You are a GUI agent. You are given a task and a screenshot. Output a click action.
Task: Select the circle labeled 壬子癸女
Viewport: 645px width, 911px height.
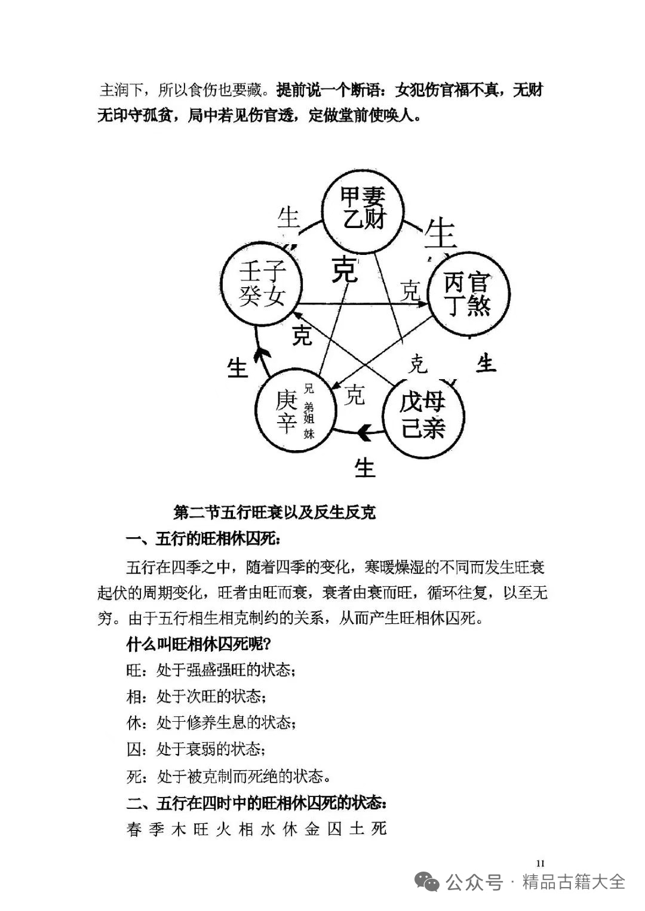[262, 283]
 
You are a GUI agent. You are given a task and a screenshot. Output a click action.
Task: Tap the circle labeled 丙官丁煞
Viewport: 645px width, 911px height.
[468, 294]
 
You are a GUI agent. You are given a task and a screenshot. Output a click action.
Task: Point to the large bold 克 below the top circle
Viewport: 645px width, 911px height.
[345, 269]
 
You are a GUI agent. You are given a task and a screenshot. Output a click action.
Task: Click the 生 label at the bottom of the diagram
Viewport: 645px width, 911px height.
[364, 467]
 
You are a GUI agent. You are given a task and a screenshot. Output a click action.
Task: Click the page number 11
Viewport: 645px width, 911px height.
[540, 863]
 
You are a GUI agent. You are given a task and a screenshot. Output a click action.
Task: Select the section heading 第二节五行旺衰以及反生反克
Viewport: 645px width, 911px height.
[274, 512]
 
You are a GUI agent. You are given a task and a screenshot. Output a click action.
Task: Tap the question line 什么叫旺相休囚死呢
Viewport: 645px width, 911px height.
[200, 645]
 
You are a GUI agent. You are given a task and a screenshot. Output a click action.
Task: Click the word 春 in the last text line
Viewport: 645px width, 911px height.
[134, 829]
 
